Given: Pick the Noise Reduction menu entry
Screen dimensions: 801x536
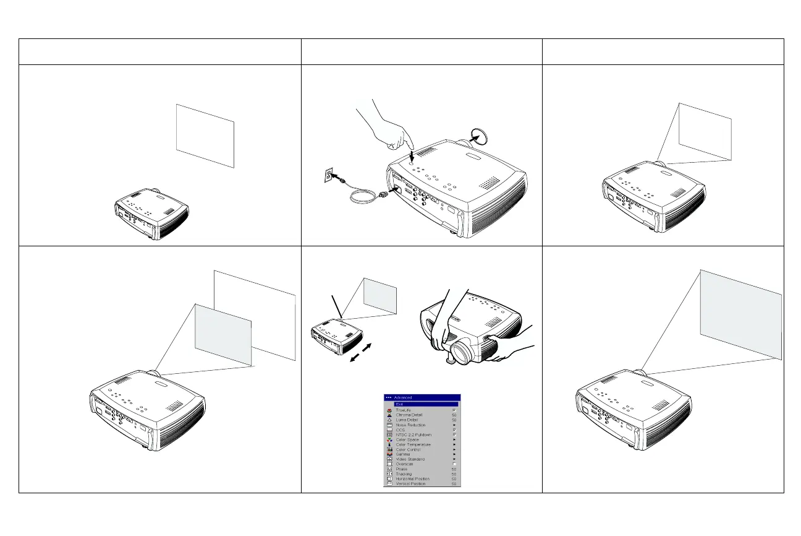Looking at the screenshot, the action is coord(410,425).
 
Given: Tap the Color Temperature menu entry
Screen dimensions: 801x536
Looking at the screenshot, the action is coord(413,444).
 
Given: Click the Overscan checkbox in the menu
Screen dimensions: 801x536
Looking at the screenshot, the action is coord(454,464).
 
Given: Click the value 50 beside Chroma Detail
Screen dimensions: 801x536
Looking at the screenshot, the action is coord(454,415).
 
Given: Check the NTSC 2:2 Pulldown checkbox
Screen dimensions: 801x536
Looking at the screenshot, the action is coord(454,434).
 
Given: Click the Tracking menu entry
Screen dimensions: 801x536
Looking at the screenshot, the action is coord(405,473).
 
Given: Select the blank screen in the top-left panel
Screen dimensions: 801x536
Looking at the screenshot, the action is coord(205,135).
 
